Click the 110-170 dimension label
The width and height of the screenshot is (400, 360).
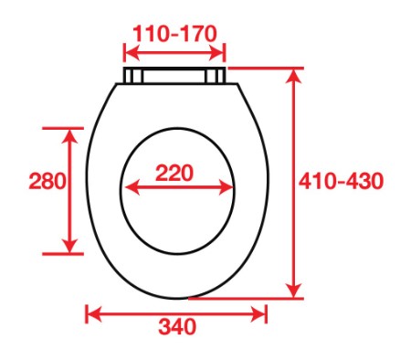tap(174, 34)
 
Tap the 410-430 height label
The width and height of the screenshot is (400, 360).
tap(346, 181)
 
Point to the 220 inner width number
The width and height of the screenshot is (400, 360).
tap(177, 172)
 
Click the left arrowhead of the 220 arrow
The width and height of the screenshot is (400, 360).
tap(129, 187)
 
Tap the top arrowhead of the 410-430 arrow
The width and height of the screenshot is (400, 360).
tap(294, 74)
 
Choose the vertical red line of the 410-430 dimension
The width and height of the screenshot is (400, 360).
tap(294, 228)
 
